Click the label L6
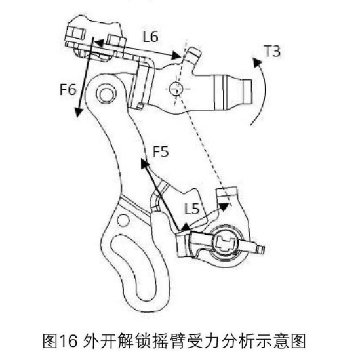tap(150, 37)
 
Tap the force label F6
tap(68, 89)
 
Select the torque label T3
tap(272, 51)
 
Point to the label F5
tap(161, 151)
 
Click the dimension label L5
tap(192, 209)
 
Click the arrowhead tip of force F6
tap(78, 117)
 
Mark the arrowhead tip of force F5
tap(141, 159)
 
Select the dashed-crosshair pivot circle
tap(176, 89)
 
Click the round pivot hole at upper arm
tap(106, 94)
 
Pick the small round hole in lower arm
tap(123, 220)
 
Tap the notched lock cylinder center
tap(226, 244)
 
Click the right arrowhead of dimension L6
tap(180, 56)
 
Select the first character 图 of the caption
tap(50, 341)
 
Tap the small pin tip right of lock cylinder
tap(262, 250)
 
